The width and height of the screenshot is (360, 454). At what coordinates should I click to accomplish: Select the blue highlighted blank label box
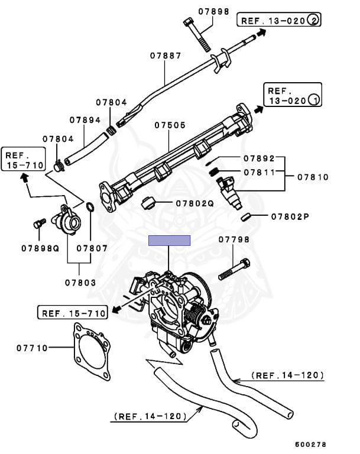pyautogui.click(x=169, y=240)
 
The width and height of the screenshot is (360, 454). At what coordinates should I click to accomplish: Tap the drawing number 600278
pyautogui.click(x=311, y=444)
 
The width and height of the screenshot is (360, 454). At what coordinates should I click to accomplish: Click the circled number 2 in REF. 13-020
pyautogui.click(x=313, y=20)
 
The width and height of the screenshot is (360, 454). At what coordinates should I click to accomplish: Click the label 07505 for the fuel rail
pyautogui.click(x=170, y=125)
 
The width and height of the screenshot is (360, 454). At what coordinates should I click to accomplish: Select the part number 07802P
pyautogui.click(x=290, y=216)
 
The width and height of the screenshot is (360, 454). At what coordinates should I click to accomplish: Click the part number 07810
pyautogui.click(x=313, y=177)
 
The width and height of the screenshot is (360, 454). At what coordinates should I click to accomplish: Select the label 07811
pyautogui.click(x=260, y=172)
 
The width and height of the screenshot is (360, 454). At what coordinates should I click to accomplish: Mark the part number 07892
pyautogui.click(x=260, y=158)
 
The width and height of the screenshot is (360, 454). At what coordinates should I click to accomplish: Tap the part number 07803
pyautogui.click(x=80, y=283)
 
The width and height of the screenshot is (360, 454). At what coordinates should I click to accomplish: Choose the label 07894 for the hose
pyautogui.click(x=85, y=119)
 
